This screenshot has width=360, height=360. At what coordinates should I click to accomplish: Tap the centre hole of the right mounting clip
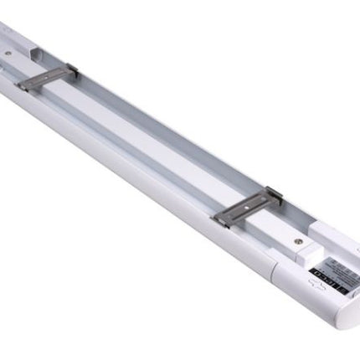coord(248,203)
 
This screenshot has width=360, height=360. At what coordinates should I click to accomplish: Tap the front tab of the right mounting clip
coord(222,220)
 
